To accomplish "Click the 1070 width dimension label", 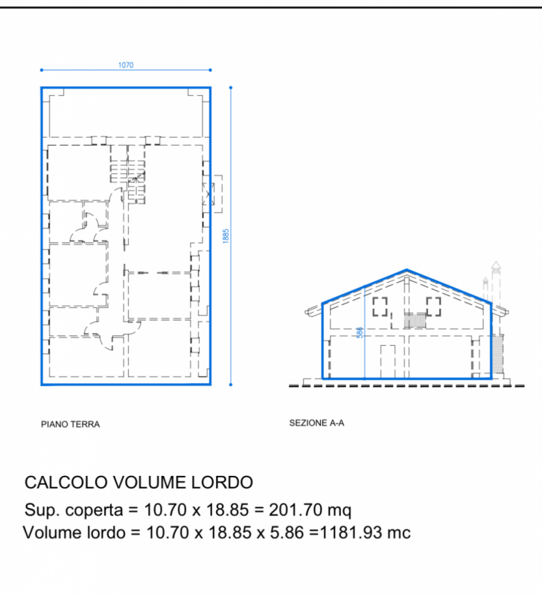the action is pyautogui.click(x=126, y=65).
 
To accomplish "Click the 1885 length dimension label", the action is pyautogui.click(x=226, y=236).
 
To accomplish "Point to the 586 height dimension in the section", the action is pyautogui.click(x=360, y=332).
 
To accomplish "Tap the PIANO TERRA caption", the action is pyautogui.click(x=70, y=424).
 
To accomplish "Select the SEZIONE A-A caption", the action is pyautogui.click(x=316, y=423).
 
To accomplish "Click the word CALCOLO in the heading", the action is pyautogui.click(x=66, y=482).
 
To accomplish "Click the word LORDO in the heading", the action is pyautogui.click(x=222, y=482).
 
